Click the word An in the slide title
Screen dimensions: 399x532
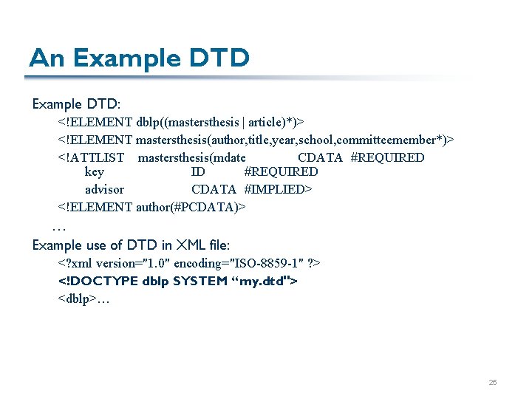click(45, 58)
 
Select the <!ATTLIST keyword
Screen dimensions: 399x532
click(92, 157)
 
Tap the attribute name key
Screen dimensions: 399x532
click(95, 172)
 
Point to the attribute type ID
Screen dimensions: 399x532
click(198, 172)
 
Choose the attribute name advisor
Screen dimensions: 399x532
click(105, 190)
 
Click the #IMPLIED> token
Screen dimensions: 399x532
click(279, 190)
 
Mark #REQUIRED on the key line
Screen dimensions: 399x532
click(281, 172)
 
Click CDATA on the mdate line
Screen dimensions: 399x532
click(320, 157)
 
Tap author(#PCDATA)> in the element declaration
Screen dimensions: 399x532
click(191, 207)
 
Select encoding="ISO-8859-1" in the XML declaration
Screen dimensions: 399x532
click(240, 264)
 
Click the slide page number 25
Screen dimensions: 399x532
click(493, 383)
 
